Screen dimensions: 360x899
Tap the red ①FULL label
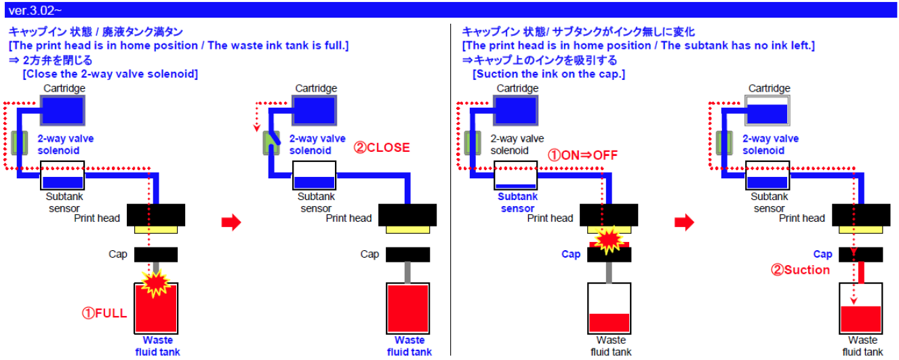pos(104,314)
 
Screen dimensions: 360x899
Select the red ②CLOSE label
pos(382,147)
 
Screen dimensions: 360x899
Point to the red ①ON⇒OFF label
pos(583,155)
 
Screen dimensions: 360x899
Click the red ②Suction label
pos(800,270)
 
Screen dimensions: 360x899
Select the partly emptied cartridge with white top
pos(768,109)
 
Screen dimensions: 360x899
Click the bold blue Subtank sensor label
pos(517,203)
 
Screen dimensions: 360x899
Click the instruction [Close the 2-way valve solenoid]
pos(110,74)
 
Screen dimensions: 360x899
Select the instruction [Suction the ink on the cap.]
pos(548,74)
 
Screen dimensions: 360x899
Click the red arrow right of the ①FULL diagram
pos(232,223)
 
